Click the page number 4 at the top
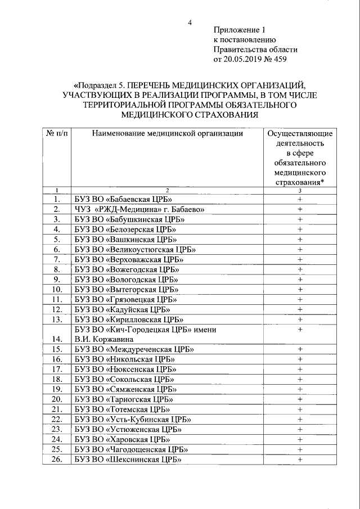190,22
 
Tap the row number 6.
56,249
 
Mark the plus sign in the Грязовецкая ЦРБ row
300,299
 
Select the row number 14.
56,339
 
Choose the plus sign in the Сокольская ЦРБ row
300,379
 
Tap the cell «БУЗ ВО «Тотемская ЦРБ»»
122,409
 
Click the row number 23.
56,429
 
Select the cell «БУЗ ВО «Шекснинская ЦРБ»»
127,460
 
